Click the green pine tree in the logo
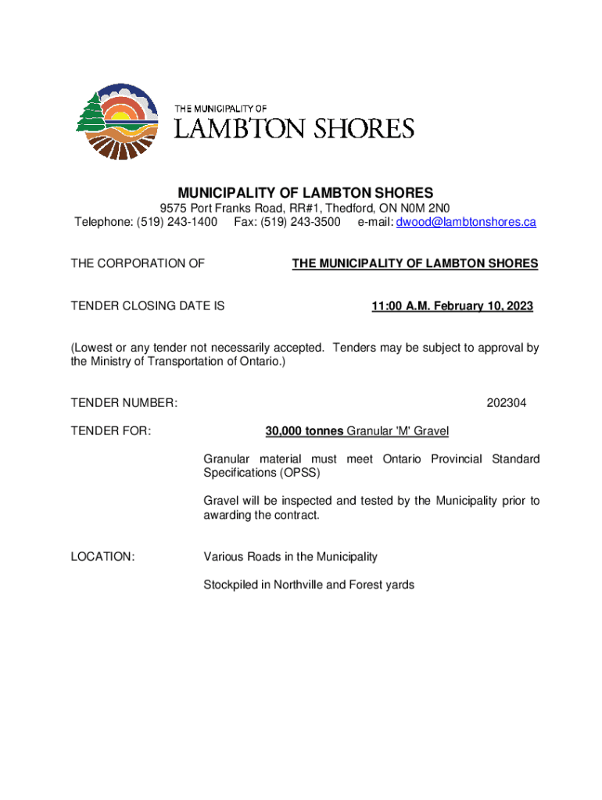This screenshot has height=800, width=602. pos(90,113)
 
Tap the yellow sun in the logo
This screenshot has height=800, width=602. pos(122,118)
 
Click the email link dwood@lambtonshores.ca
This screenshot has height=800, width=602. pos(466,222)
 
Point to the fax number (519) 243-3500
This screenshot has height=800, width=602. pos(304,222)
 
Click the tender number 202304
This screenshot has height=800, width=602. pos(506,403)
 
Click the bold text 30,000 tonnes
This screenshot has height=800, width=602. pos(304,431)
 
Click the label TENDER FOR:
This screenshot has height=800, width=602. pos(111,431)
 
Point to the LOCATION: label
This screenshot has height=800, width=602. pos(102,556)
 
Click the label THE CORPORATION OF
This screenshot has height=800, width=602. pos(138,264)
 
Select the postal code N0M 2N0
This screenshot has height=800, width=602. pos(423,208)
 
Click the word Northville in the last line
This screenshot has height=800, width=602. pos(301,584)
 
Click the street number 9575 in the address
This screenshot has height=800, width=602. pos(174,208)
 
